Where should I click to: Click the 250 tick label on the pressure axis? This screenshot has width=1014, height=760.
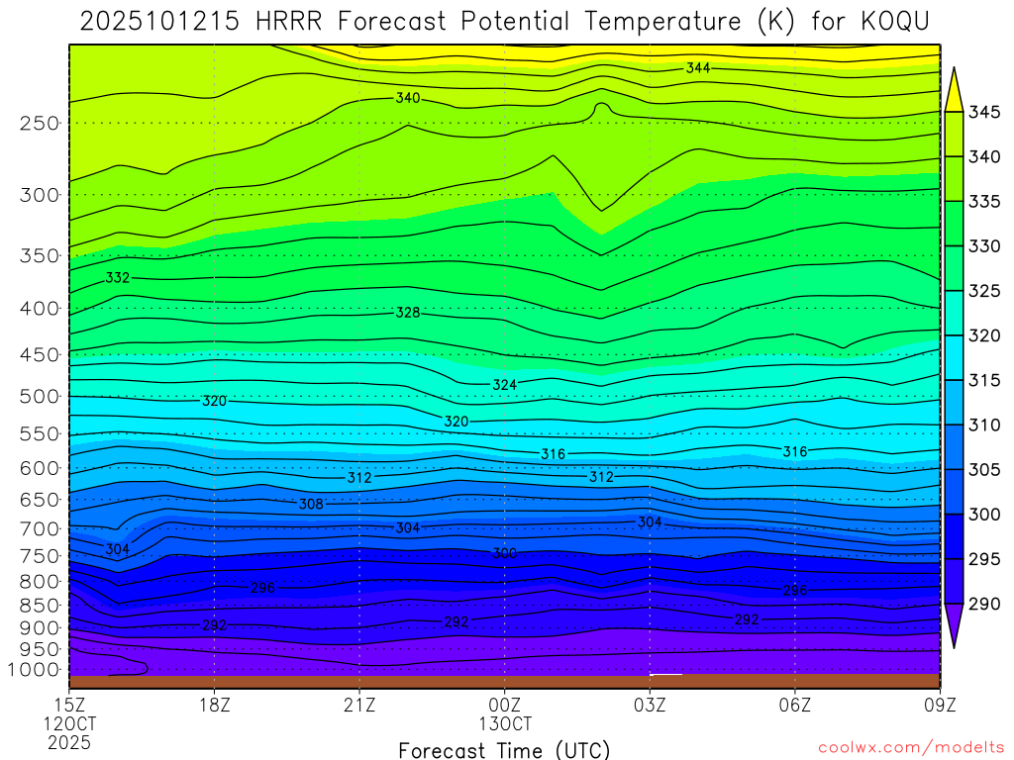(40, 124)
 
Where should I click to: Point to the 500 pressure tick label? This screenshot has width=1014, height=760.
(40, 397)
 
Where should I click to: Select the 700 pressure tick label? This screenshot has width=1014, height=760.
(40, 528)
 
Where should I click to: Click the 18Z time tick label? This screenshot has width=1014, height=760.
(215, 705)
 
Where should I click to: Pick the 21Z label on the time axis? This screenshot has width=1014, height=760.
(359, 705)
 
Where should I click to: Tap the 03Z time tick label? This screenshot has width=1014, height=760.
(650, 705)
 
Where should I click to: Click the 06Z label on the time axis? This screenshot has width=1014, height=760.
(795, 705)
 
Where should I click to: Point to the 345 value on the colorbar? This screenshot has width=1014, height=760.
(985, 112)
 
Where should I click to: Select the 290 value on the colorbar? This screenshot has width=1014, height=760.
(985, 604)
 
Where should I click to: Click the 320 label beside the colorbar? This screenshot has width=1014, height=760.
(985, 335)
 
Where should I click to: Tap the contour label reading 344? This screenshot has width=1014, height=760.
(698, 68)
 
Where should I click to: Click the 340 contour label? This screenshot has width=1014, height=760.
(408, 98)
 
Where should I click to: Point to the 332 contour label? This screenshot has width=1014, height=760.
(118, 278)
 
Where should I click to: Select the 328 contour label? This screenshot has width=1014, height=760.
(408, 313)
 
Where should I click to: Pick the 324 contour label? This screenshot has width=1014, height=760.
(505, 384)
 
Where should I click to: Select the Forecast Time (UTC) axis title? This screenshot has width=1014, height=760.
(504, 749)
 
